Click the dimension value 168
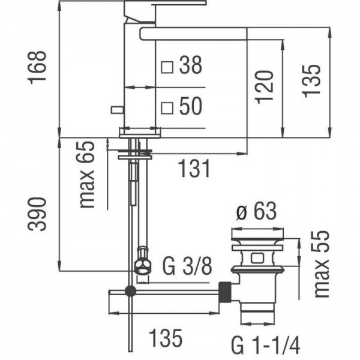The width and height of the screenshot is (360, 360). tap(37, 67)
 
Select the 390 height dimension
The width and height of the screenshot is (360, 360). tap(37, 214)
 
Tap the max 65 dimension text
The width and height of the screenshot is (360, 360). tap(87, 175)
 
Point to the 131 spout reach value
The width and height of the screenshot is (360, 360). tap(194, 169)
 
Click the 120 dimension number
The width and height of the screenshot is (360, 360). tap(264, 87)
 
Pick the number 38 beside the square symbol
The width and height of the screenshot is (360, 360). tap(191, 65)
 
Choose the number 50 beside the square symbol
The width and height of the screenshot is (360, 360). tap(191, 106)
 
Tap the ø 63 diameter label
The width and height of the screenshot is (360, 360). tap(256, 211)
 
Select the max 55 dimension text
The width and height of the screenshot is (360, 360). tap(322, 264)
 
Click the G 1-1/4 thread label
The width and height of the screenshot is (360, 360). tap(265, 345)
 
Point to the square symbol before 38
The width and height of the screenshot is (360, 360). tap(167, 67)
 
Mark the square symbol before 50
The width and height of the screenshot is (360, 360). tap(167, 108)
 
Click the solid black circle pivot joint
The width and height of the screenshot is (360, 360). tap(130, 292)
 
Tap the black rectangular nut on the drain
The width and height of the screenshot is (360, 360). tap(225, 292)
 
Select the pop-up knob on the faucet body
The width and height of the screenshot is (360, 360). tap(118, 110)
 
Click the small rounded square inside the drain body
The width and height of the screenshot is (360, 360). tap(257, 258)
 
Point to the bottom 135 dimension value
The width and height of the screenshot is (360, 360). tap(166, 338)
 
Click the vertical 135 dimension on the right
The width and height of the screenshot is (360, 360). tap(311, 81)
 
